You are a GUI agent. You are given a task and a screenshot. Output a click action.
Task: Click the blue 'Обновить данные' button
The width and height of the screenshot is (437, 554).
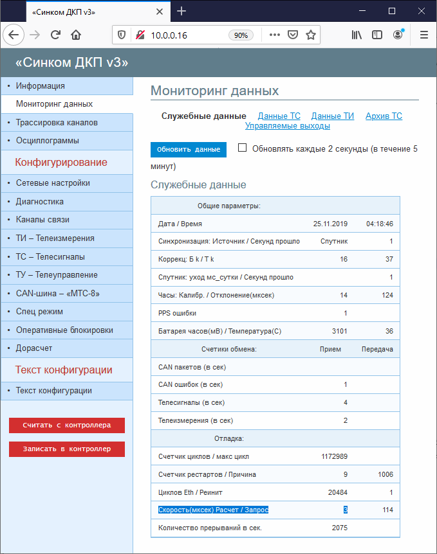[x=189, y=150]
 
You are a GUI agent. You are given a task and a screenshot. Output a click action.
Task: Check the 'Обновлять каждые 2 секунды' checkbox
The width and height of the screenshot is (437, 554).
[x=243, y=148]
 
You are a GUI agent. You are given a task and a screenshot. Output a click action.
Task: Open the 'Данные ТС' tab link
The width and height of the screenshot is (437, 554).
[x=279, y=116]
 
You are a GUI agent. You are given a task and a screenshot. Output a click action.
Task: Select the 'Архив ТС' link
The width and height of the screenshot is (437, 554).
[x=384, y=116]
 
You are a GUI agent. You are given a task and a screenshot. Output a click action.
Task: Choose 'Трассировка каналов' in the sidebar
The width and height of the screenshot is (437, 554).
[x=57, y=122]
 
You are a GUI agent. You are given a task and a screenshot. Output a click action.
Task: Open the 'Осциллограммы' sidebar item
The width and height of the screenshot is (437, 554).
[x=48, y=140]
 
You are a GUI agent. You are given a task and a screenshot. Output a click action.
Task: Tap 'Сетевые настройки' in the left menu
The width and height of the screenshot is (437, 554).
[x=53, y=183]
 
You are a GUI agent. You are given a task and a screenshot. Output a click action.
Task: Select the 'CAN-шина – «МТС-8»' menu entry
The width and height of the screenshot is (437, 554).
[x=58, y=294]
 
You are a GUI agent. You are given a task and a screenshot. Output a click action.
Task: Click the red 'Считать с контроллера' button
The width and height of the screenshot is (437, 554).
[x=67, y=425]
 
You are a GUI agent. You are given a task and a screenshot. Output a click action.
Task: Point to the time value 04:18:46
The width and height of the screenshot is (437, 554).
[x=379, y=224]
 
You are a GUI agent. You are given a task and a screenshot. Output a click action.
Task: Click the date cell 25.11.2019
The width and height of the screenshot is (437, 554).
[x=330, y=224]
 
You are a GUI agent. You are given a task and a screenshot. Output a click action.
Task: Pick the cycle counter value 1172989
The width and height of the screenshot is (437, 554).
[x=334, y=457]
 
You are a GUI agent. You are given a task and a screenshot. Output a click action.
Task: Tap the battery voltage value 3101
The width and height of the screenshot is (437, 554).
[x=339, y=332]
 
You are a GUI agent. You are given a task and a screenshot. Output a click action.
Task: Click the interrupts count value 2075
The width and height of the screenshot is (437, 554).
[x=339, y=528]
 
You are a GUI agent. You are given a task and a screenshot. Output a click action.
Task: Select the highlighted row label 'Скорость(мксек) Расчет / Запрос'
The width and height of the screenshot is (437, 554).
[x=213, y=510]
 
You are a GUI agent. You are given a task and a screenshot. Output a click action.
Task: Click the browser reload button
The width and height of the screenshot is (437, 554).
[x=56, y=35]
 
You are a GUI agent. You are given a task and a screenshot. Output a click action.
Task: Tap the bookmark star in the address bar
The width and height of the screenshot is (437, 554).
[x=311, y=35]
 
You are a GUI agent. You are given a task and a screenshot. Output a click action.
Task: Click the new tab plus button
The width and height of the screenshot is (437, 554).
[x=181, y=11]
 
